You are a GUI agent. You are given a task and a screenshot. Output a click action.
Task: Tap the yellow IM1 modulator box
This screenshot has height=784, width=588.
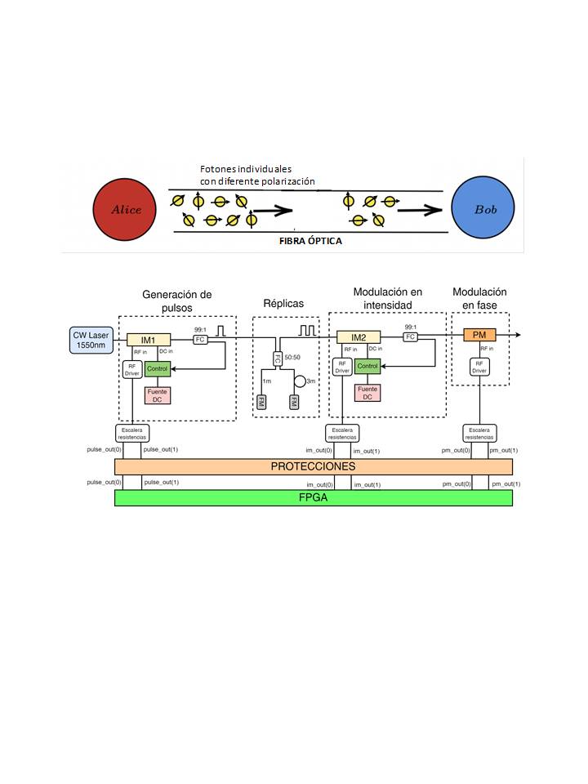pyautogui.click(x=148, y=339)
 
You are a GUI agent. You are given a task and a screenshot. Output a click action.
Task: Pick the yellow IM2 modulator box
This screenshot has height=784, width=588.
pyautogui.click(x=359, y=336)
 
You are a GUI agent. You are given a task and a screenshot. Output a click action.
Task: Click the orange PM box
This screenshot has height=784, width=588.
pyautogui.click(x=479, y=335)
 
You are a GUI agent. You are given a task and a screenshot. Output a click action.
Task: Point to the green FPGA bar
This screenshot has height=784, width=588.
pyautogui.click(x=314, y=497)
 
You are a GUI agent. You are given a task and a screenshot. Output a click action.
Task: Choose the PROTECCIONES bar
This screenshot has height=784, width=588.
pyautogui.click(x=314, y=466)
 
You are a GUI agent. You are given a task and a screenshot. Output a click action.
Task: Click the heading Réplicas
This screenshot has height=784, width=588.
pyautogui.click(x=283, y=304)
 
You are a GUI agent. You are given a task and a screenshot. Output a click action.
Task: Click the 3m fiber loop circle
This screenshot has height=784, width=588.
pyautogui.click(x=300, y=381)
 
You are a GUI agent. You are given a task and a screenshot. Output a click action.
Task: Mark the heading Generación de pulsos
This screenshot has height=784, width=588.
pyautogui.click(x=176, y=301)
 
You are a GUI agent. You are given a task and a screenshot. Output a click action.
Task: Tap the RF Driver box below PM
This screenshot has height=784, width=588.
pyautogui.click(x=479, y=367)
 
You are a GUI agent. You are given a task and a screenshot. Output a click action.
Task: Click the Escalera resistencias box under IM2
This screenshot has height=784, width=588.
pyautogui.click(x=341, y=432)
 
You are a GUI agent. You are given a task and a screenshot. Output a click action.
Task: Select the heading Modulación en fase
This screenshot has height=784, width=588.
pyautogui.click(x=479, y=298)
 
